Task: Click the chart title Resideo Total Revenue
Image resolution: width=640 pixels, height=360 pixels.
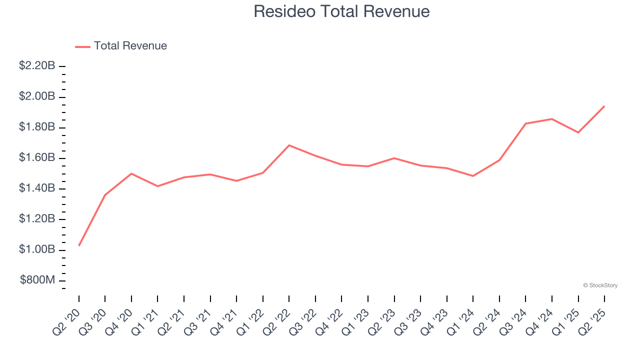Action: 341,11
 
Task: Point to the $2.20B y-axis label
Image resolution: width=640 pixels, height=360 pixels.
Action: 37,65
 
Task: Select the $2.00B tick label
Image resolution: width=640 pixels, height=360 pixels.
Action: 37,96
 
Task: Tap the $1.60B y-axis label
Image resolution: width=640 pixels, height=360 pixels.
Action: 37,158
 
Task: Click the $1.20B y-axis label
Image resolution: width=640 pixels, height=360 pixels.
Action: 37,219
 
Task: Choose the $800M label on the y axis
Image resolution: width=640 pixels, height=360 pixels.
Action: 37,280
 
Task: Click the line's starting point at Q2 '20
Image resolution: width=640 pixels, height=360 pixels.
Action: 79,245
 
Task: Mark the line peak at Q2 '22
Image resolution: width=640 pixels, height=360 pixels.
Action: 289,145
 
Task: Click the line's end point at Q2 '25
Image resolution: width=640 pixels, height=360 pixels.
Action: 604,106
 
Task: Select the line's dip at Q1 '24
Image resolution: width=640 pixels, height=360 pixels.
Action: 473,176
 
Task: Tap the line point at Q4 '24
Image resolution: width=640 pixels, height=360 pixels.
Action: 551,119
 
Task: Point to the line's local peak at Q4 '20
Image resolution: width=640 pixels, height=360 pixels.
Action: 131,173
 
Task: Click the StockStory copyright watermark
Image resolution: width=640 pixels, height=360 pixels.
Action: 600,285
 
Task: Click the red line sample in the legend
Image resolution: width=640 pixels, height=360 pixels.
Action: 82,46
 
